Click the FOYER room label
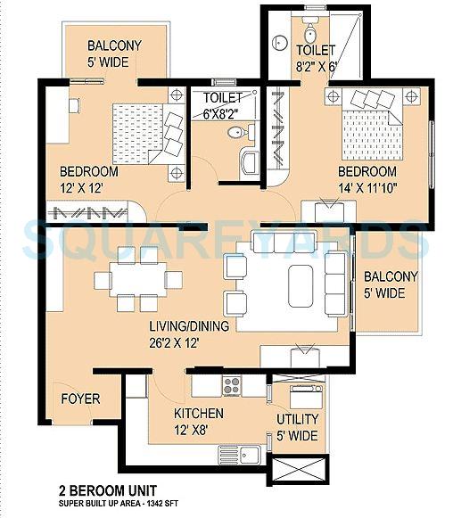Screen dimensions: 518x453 (80, 399)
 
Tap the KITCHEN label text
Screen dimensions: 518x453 (198, 414)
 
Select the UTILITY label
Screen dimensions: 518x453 (295, 418)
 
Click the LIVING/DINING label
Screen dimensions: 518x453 (189, 326)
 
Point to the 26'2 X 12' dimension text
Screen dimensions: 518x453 (189, 342)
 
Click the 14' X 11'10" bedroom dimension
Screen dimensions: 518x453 (367, 187)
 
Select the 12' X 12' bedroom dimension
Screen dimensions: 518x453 (88, 188)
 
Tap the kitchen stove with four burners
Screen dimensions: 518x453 (232, 385)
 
